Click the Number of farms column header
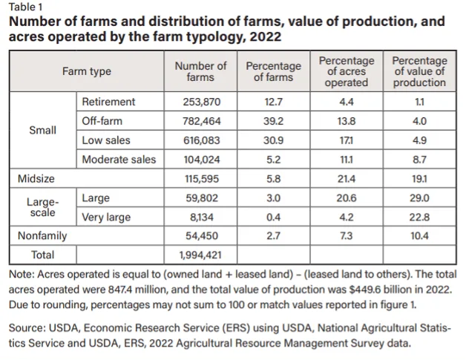200,71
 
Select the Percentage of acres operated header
347,71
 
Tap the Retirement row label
108,102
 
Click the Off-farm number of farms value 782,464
202,121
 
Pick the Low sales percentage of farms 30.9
273,140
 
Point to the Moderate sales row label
119,160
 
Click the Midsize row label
36,179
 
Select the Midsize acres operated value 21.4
347,179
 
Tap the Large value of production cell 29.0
420,198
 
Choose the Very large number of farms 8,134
202,217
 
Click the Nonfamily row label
42,236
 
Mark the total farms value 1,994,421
200,255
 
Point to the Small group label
42,130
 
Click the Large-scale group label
42,207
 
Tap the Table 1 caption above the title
25,7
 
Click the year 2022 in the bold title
266,37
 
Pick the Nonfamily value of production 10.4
420,236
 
